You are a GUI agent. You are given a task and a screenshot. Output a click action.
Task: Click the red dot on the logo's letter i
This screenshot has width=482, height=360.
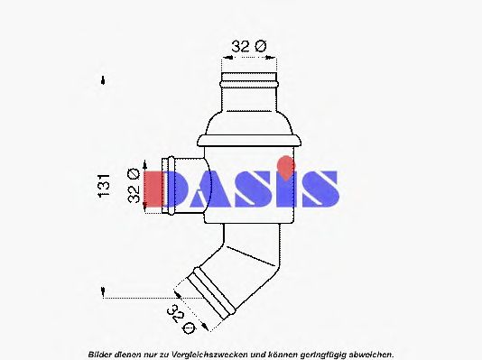point(285,165)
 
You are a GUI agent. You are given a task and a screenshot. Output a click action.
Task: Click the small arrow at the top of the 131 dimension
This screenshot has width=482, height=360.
point(105,79)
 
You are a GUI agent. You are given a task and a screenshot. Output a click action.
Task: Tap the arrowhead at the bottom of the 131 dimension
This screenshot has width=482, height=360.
point(105,293)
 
